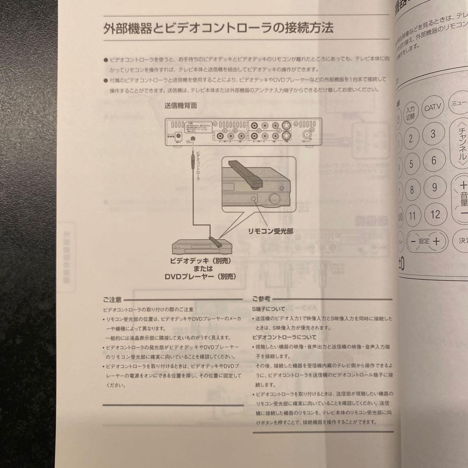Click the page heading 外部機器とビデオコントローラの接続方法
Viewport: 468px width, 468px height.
[x=218, y=29]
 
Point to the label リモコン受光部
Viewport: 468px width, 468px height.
[x=270, y=231]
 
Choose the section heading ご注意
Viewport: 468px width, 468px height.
[x=112, y=299]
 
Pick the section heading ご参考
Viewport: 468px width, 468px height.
[x=261, y=299]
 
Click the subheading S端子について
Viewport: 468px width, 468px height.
[x=269, y=309]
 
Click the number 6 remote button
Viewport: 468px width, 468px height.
[x=433, y=160]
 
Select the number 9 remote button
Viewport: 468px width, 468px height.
[x=434, y=188]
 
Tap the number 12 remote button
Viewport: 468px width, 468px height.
[x=435, y=214]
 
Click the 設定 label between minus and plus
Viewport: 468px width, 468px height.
[x=424, y=241]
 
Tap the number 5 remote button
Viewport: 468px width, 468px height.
[x=411, y=164]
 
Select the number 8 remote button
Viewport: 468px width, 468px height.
[x=412, y=190]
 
